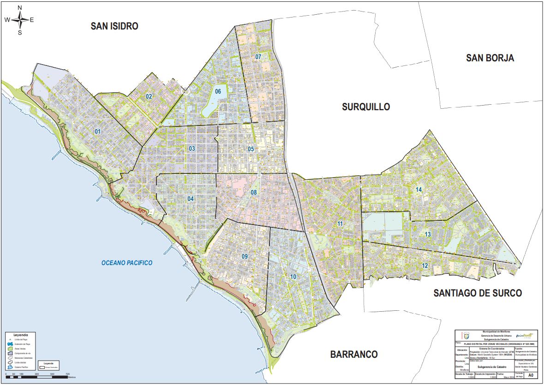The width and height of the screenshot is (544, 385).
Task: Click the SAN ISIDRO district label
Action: tap(114, 26)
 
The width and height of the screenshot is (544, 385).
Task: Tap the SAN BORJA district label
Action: tap(490, 58)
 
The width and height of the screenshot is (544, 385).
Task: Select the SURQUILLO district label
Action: tap(366, 107)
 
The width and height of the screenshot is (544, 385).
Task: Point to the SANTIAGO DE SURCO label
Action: tap(477, 293)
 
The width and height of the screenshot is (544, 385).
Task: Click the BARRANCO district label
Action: tap(354, 355)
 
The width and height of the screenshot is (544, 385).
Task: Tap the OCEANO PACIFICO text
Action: tap(127, 263)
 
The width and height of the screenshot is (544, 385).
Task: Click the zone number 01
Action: tap(97, 132)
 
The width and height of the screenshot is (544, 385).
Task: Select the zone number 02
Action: tap(149, 96)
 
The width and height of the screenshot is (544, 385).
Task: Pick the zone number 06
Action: tap(218, 91)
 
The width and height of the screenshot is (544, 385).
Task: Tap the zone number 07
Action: tap(258, 57)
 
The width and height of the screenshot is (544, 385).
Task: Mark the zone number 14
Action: tap(418, 190)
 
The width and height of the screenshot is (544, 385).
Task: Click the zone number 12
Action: tap(424, 266)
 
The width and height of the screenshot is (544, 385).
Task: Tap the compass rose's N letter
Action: tap(20, 8)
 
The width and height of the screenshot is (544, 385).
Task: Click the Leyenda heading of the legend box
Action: tap(21, 335)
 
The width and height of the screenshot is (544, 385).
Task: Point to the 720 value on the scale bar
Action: tap(68, 374)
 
